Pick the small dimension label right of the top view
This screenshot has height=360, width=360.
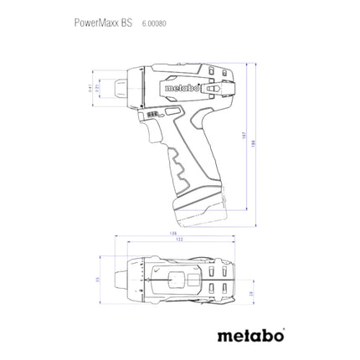pyautogui.click(x=253, y=296)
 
